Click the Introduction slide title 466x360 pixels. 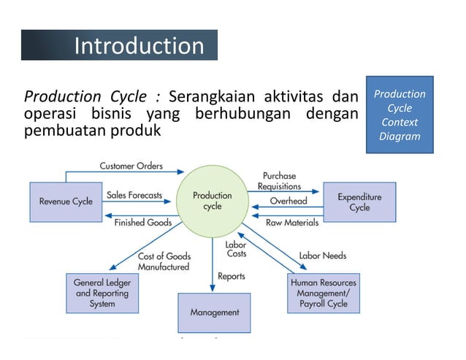click(x=139, y=46)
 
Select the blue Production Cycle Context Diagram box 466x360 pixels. click(x=399, y=115)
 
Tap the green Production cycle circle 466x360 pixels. click(x=213, y=201)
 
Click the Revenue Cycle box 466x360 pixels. click(x=66, y=202)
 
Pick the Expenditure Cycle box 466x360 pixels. click(x=359, y=202)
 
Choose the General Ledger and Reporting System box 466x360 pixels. click(x=102, y=292)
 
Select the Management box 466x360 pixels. click(x=214, y=313)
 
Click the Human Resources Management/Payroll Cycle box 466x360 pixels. click(x=324, y=292)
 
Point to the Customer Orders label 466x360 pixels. click(x=131, y=166)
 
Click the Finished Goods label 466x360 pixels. click(x=143, y=223)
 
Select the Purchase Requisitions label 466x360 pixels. click(x=279, y=181)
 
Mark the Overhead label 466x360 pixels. click(x=289, y=201)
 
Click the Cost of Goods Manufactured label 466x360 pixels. click(x=164, y=261)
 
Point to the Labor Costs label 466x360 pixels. click(x=236, y=249)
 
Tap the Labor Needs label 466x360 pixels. click(x=322, y=256)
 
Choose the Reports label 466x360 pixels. click(x=232, y=277)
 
